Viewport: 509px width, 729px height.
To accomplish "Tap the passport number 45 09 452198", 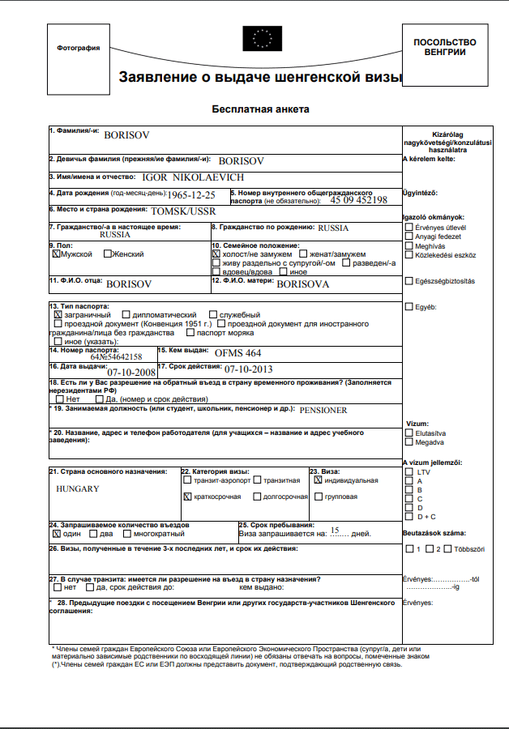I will coord(358,200).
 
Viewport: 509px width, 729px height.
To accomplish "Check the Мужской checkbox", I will coord(56,254).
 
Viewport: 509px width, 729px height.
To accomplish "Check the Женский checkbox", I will coord(108,254).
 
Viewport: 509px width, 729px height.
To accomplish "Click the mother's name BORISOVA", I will coord(303,285).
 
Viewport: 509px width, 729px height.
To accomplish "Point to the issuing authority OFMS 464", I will coord(238,353).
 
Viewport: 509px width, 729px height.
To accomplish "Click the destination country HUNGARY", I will coord(78,488).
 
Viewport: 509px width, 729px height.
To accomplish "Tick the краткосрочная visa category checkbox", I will coord(188,496).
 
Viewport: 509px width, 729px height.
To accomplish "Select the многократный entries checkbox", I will coord(127,534).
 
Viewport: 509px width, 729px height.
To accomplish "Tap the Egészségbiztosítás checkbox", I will coord(408,281).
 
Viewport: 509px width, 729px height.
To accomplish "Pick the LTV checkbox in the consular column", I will coord(408,471).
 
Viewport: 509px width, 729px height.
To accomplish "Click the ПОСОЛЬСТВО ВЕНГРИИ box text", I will coord(445,47).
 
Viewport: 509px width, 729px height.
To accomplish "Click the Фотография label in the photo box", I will coord(79,48).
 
